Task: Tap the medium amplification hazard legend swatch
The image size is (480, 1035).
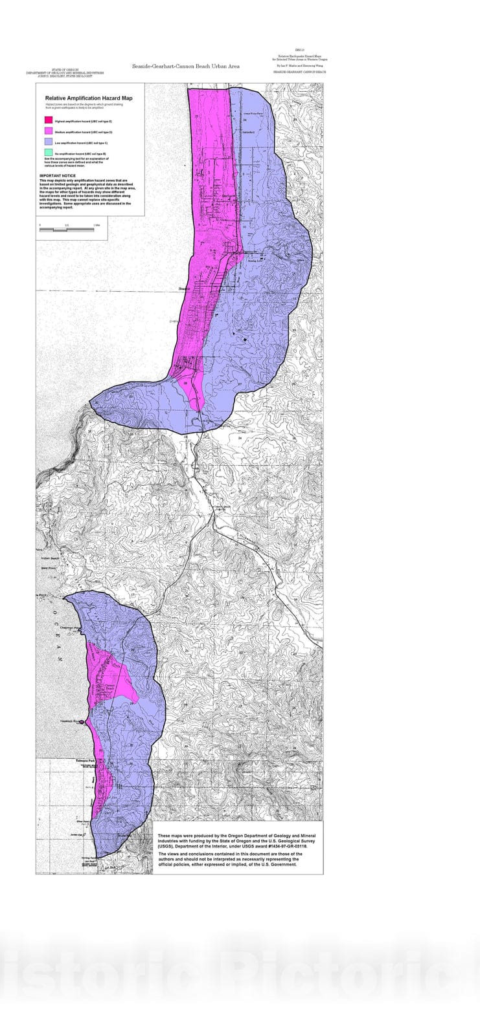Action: (48, 131)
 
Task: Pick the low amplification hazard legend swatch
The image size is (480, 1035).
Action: (48, 142)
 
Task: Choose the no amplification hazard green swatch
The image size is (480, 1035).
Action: (48, 153)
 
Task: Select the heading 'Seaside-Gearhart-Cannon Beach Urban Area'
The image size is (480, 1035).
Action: (186, 67)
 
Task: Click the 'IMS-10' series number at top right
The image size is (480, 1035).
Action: (298, 50)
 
